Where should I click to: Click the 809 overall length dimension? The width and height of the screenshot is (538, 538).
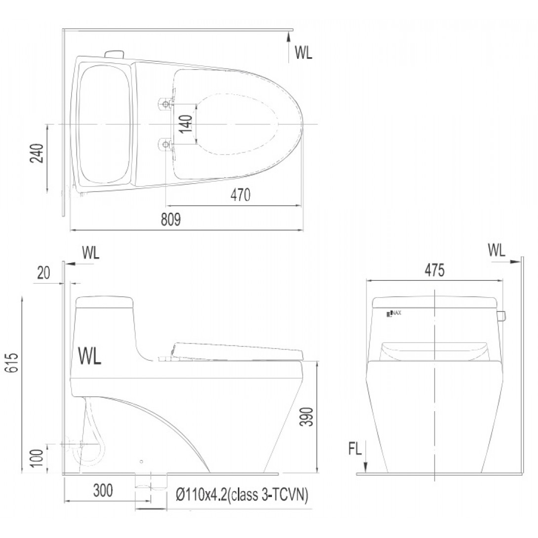click(170, 220)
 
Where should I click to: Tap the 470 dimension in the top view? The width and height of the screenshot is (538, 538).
click(240, 194)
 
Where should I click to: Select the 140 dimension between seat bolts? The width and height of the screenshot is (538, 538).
click(186, 124)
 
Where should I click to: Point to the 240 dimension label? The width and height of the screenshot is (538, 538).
click(38, 153)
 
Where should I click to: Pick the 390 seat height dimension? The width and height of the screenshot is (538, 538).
click(307, 417)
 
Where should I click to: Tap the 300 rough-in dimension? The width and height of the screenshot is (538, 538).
click(103, 490)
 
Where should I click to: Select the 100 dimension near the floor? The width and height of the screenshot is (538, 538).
click(38, 458)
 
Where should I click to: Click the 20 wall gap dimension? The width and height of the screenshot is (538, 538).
click(43, 273)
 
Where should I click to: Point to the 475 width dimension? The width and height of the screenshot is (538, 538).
click(434, 270)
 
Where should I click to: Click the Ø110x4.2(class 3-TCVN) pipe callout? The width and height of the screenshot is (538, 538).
click(241, 496)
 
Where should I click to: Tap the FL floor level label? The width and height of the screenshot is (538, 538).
click(355, 449)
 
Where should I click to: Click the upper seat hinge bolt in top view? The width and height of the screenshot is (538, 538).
click(166, 103)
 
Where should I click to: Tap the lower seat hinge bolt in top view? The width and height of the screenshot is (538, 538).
click(166, 144)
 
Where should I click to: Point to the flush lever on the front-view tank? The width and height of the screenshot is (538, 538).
click(502, 316)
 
